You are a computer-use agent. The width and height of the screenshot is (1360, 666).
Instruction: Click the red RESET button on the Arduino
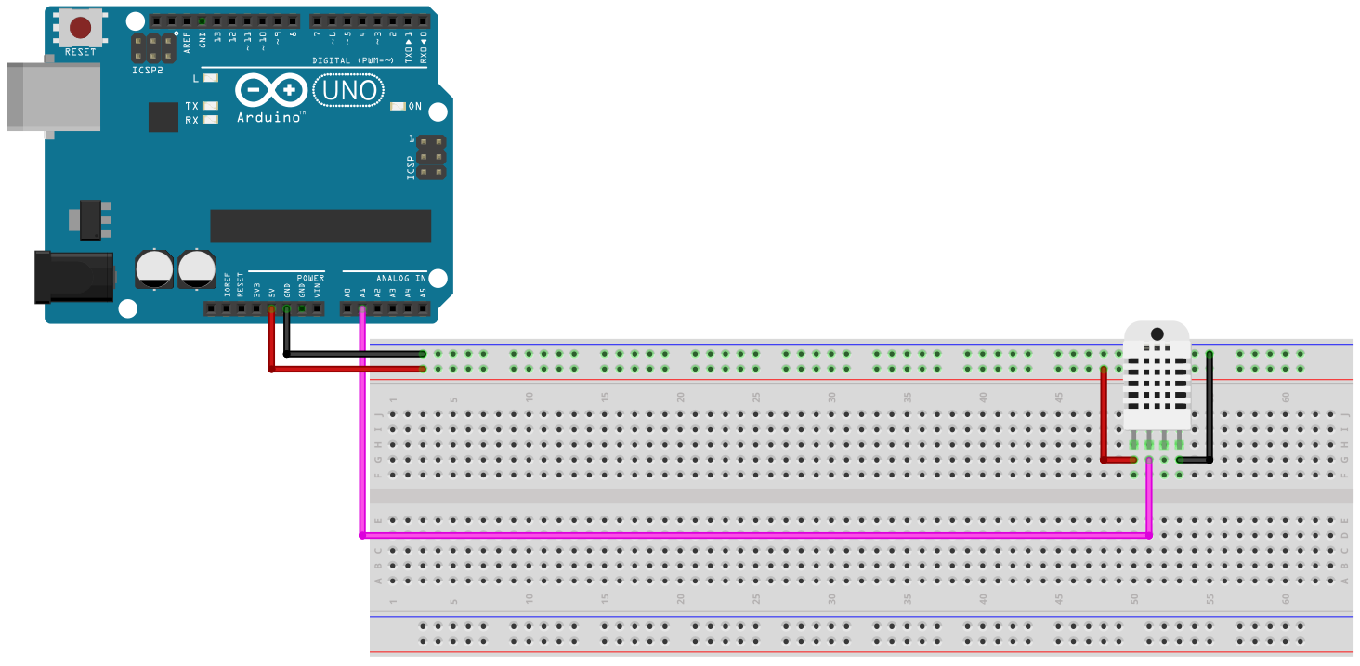click(x=81, y=27)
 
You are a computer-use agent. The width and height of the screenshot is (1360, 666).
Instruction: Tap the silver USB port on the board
click(x=54, y=97)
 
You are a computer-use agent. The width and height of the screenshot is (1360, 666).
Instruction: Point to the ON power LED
click(x=399, y=107)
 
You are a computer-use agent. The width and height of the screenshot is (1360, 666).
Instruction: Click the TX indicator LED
click(x=210, y=106)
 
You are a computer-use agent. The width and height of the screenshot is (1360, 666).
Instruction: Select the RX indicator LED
click(x=210, y=120)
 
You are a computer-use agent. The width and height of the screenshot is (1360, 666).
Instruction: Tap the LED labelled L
click(x=211, y=79)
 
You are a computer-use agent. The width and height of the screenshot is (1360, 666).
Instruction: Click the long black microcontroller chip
click(x=320, y=226)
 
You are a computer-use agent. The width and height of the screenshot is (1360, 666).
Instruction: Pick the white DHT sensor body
click(x=1157, y=381)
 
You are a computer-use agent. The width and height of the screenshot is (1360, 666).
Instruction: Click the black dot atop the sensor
click(x=1157, y=333)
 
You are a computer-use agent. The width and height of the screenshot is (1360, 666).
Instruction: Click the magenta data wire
click(x=743, y=535)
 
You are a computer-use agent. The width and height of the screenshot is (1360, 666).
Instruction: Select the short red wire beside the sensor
click(x=1103, y=418)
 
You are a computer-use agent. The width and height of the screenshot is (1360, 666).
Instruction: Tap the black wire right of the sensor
click(x=1210, y=409)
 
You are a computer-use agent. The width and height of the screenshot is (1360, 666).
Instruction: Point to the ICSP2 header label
click(x=147, y=70)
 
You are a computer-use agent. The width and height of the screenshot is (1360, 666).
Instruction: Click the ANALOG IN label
click(x=400, y=278)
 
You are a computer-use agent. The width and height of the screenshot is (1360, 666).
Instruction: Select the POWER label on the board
click(x=310, y=278)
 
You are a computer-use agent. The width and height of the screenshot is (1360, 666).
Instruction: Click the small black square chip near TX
click(x=163, y=117)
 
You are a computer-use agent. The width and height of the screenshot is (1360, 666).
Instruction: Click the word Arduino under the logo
click(x=269, y=117)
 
